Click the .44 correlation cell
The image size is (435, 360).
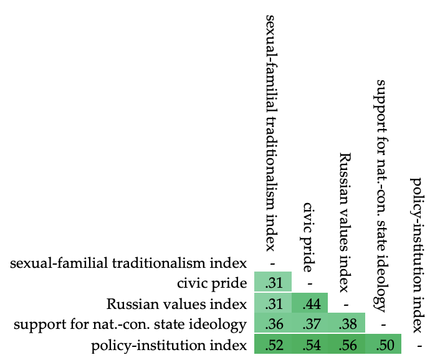[x=310, y=304]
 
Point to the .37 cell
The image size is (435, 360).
[x=310, y=324]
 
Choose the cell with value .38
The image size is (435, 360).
[x=347, y=324]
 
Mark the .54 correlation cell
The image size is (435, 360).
[x=310, y=344]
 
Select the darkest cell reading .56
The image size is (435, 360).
[x=347, y=344]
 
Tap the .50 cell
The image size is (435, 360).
[x=383, y=344]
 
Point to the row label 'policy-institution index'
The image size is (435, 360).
[x=169, y=345]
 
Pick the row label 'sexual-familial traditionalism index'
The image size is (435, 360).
[x=129, y=263]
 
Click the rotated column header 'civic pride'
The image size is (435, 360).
[x=309, y=237]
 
